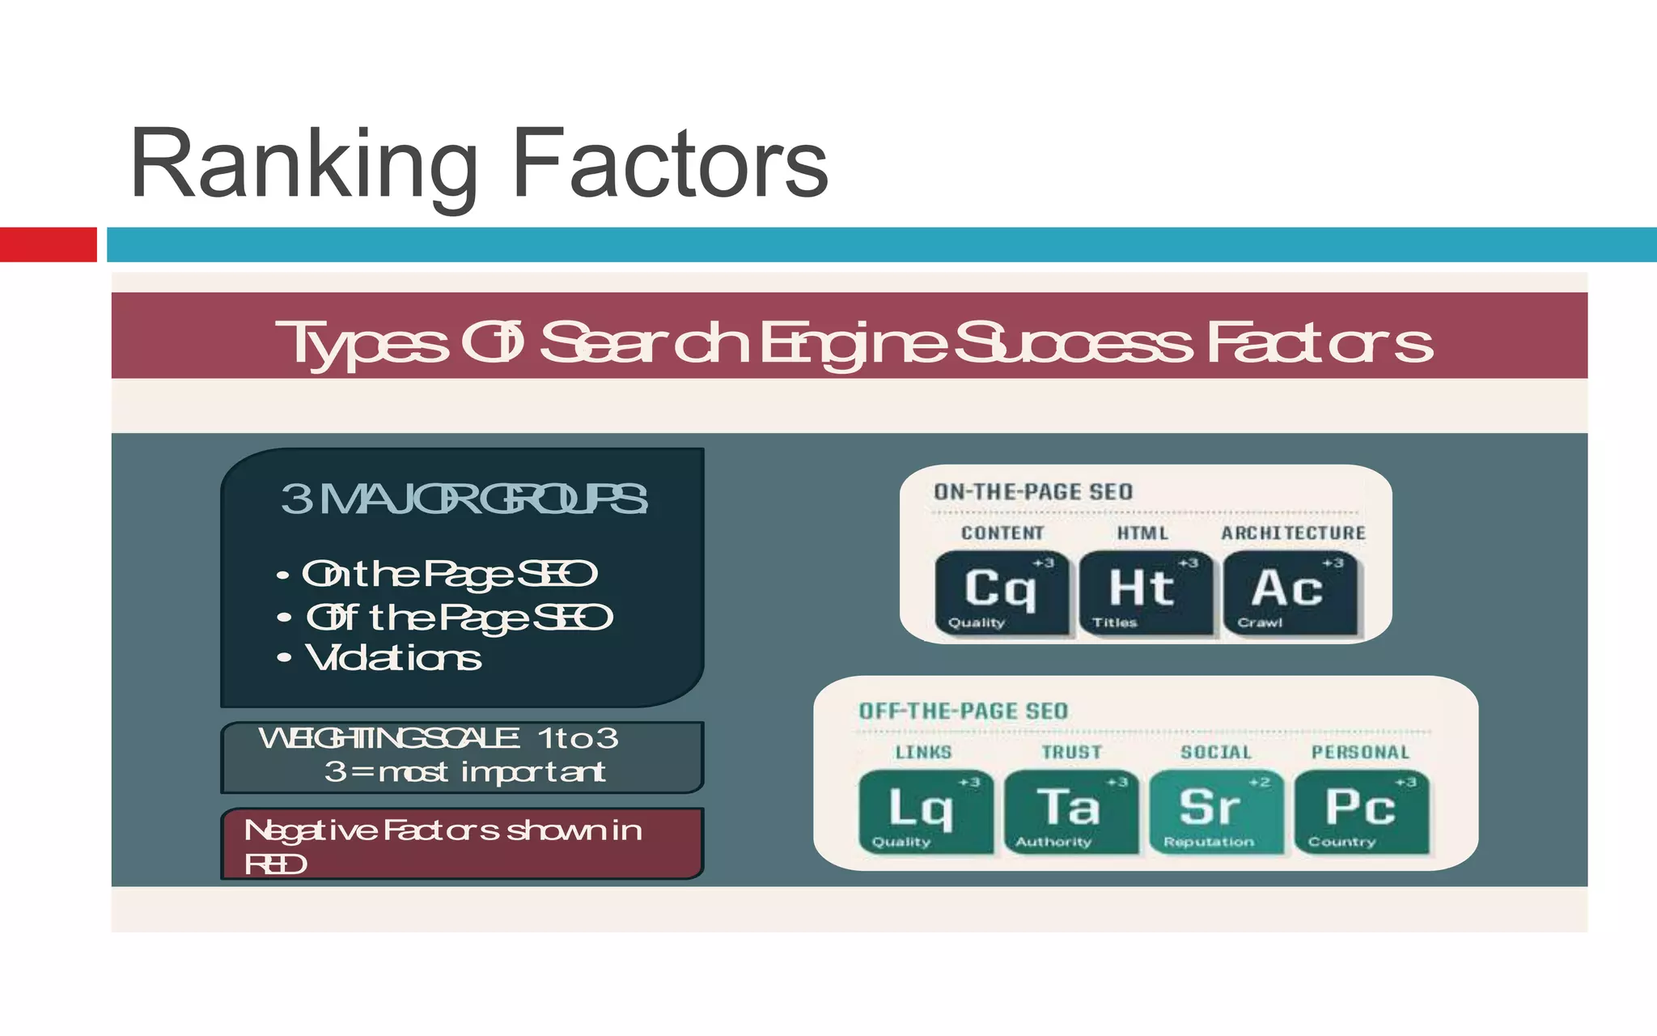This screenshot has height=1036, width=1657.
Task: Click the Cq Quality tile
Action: tap(1001, 593)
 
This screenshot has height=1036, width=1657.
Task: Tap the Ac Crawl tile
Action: tap(1290, 593)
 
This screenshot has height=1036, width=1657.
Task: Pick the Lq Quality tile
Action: tap(925, 812)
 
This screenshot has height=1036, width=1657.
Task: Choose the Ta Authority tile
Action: tap(1070, 812)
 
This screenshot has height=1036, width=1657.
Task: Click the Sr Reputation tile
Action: tap(1215, 812)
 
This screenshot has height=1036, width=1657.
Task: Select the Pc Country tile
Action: tap(1361, 812)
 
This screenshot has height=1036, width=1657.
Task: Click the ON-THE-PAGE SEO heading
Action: tap(1033, 492)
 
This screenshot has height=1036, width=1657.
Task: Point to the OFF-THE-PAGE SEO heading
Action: tap(963, 711)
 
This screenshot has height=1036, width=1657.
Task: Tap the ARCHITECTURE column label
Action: tap(1293, 533)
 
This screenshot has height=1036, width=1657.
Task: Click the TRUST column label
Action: tap(1071, 753)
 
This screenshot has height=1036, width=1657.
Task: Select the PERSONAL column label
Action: tap(1360, 753)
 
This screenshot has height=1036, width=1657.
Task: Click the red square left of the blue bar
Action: tap(48, 244)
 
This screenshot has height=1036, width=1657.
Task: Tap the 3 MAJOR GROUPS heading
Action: tap(463, 499)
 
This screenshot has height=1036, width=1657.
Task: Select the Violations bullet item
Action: tap(392, 658)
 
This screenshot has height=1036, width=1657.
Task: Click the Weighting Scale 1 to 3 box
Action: tap(461, 757)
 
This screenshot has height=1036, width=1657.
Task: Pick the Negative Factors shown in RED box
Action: tap(461, 843)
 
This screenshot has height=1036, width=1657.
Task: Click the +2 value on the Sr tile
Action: tap(1259, 783)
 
